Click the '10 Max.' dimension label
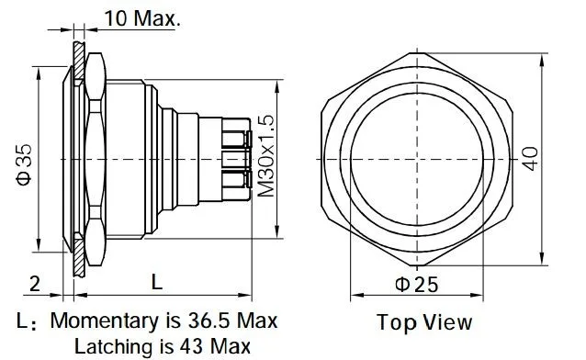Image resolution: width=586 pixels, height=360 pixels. (x=142, y=18)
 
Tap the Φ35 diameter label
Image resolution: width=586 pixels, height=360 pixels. (x=24, y=165)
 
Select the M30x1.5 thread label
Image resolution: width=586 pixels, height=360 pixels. (x=266, y=156)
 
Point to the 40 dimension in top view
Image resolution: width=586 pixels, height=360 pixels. (x=530, y=159)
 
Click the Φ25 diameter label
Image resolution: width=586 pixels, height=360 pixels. (x=417, y=285)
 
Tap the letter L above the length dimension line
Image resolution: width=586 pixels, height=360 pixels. (x=157, y=282)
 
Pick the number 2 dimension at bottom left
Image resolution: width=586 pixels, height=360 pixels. (x=34, y=284)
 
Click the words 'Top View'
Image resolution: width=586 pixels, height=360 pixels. (x=424, y=322)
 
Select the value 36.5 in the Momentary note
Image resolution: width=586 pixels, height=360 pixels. (x=208, y=321)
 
